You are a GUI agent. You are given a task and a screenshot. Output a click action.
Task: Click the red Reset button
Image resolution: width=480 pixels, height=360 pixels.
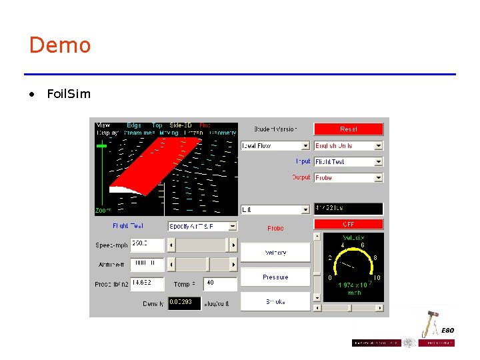tap(349, 129)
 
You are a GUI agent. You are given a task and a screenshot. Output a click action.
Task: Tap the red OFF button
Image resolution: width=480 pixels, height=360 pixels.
tap(349, 224)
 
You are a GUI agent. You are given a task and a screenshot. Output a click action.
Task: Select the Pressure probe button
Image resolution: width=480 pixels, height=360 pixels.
tap(275, 277)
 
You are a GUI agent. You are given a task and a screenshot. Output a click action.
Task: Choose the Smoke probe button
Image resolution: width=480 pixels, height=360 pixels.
tap(275, 301)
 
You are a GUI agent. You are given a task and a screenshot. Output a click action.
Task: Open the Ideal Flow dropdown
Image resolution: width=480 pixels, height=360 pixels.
tap(275, 145)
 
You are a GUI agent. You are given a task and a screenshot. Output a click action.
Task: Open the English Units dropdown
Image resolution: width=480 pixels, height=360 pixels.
tap(349, 145)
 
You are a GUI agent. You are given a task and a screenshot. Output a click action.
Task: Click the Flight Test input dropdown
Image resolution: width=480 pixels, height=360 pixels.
tap(349, 161)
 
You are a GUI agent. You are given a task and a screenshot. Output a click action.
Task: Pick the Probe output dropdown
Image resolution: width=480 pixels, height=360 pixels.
tap(349, 177)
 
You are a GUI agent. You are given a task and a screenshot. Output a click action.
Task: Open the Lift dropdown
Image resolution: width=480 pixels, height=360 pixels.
tap(275, 209)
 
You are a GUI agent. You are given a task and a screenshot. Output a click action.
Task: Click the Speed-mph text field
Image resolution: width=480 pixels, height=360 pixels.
tap(147, 245)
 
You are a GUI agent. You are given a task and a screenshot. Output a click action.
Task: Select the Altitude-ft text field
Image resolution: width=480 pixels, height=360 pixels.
tap(147, 264)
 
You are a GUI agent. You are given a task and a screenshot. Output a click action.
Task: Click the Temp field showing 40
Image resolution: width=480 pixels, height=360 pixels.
tap(219, 283)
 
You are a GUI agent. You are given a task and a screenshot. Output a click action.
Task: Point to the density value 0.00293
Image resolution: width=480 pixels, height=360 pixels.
tap(184, 303)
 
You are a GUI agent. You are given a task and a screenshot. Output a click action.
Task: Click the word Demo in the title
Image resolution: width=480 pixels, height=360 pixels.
tap(60, 45)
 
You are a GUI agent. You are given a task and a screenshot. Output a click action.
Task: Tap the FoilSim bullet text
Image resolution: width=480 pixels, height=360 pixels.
tap(69, 94)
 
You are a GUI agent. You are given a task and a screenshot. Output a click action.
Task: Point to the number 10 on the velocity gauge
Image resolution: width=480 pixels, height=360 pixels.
tap(377, 277)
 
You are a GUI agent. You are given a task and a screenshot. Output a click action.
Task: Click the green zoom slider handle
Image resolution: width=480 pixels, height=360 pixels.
tap(102, 145)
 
